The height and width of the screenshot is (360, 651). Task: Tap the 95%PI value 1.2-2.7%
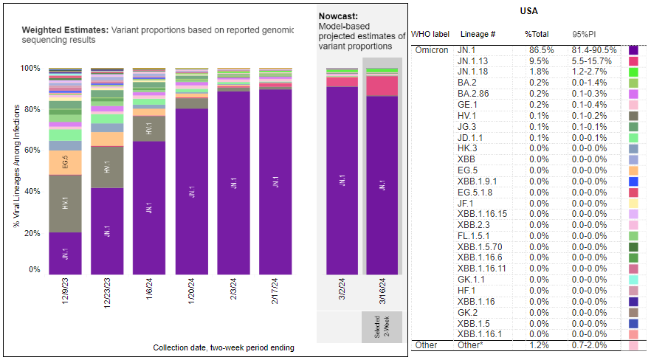tap(589, 72)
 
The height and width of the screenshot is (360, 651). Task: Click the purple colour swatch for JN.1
tap(633, 49)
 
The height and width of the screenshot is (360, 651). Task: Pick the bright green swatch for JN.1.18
tap(633, 72)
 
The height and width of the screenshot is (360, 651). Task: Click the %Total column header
tap(537, 34)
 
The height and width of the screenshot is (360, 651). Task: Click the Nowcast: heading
tap(339, 15)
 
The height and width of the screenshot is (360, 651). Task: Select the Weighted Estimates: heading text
tap(65, 30)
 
